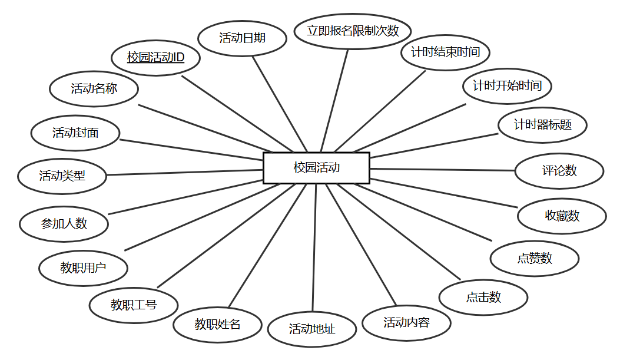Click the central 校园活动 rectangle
point(316,168)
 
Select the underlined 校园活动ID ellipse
point(156,58)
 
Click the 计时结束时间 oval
point(445,52)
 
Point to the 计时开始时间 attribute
point(507,86)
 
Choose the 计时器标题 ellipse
point(542,125)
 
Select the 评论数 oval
point(559,171)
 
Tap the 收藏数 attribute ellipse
point(562,216)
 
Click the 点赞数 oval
point(535,258)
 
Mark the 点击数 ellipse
point(483,298)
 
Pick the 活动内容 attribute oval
point(406,323)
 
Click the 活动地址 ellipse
point(312,329)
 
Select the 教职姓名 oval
point(217,324)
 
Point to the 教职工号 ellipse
point(134,305)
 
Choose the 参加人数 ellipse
point(64,224)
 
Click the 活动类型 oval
point(62,176)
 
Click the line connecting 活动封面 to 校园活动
point(191,150)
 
